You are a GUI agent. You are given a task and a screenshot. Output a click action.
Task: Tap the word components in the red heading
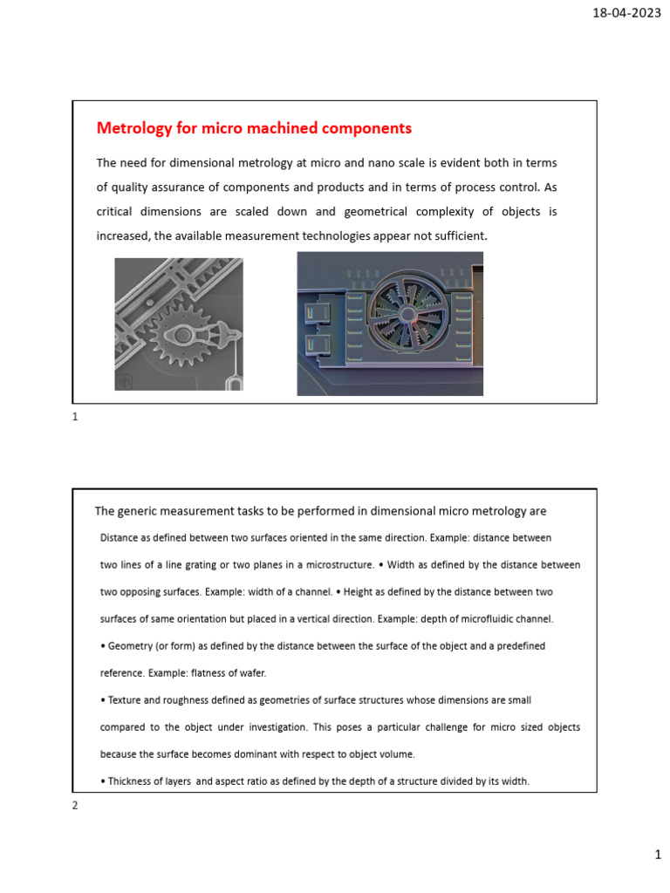pyautogui.click(x=367, y=128)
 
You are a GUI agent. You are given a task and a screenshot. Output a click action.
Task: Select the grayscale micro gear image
pyautogui.click(x=179, y=324)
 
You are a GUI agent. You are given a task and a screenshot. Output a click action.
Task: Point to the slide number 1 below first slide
pyautogui.click(x=75, y=418)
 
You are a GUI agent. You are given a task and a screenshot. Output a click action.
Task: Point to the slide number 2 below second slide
pyautogui.click(x=75, y=806)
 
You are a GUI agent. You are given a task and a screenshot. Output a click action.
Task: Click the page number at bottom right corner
pyautogui.click(x=659, y=857)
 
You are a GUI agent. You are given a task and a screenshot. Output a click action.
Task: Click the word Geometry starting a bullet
pyautogui.click(x=132, y=646)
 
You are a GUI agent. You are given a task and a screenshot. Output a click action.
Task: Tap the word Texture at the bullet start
pyautogui.click(x=127, y=700)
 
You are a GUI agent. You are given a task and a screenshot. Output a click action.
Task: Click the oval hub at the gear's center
pyautogui.click(x=184, y=335)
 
